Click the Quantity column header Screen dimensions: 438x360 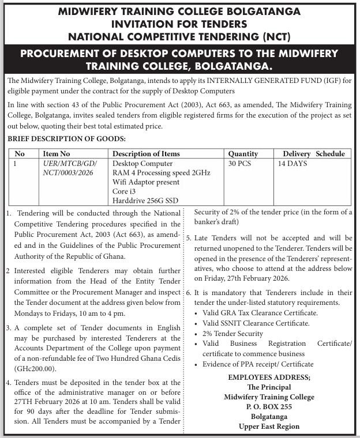243,154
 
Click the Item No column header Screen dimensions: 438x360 57,154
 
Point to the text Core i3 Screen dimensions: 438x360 125,191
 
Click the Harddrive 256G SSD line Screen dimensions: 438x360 145,200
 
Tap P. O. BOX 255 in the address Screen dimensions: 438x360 269,407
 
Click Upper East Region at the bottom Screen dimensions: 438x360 269,426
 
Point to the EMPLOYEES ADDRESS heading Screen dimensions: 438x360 269,377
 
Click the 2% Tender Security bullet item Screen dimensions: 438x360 232,333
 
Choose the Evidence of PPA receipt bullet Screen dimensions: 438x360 258,364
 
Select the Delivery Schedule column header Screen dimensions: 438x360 313,154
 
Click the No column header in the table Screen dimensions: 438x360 20,154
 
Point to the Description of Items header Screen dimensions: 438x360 146,154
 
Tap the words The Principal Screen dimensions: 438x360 269,387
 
